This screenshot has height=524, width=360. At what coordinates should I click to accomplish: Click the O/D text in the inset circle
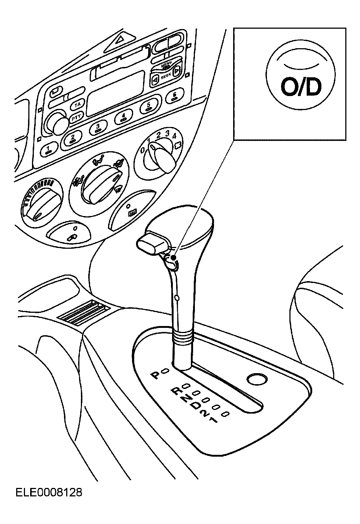[x=301, y=87]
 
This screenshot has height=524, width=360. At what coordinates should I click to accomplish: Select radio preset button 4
[x=124, y=117]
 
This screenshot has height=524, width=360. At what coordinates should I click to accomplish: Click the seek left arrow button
[x=155, y=78]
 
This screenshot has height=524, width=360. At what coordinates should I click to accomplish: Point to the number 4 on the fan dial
[x=174, y=136]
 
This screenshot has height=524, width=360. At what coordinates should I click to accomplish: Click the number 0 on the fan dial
[x=142, y=151]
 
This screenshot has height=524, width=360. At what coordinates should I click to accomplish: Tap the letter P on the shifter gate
[x=156, y=375]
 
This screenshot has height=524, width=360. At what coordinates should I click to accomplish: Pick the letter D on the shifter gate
[x=196, y=406]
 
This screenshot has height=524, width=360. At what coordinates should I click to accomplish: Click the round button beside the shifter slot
[x=257, y=379]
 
